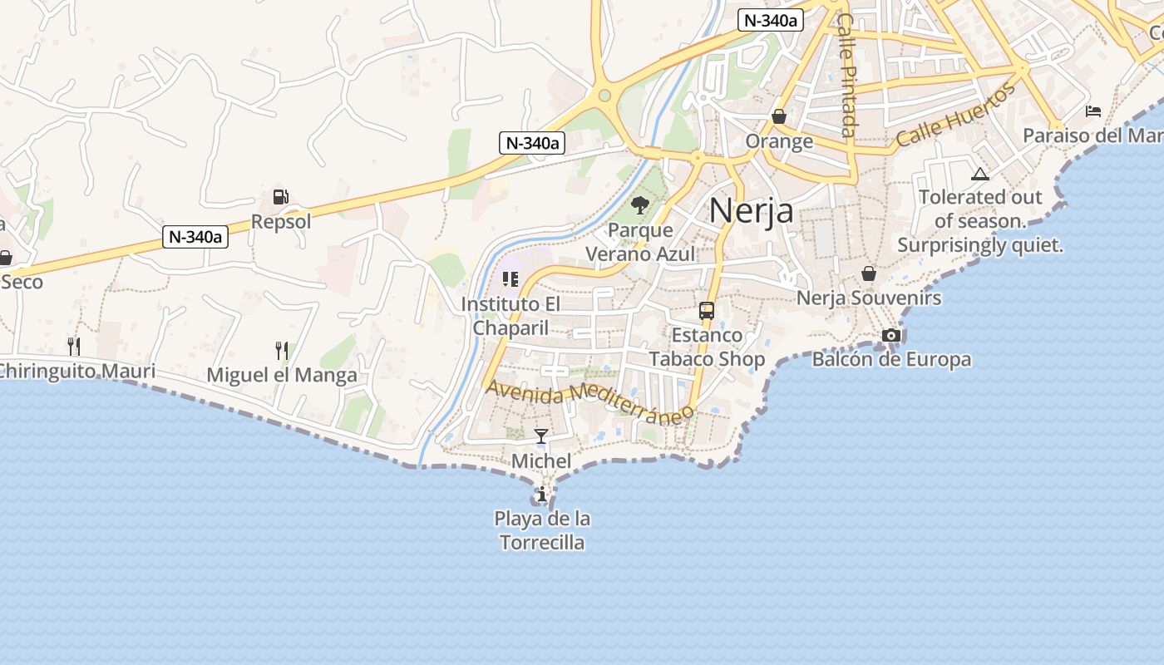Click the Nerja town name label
751,210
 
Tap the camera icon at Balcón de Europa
891,335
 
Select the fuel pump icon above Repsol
281,197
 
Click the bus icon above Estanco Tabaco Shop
707,311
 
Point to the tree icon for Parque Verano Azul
639,204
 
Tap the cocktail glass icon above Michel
541,436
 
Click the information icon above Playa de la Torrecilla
542,495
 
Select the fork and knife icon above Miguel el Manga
282,351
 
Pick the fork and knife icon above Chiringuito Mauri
75,346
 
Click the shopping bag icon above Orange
779,116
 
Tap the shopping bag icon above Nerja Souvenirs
869,273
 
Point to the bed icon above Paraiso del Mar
1093,111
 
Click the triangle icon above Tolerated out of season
980,174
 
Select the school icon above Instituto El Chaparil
510,279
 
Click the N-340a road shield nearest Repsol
195,237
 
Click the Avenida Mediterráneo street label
589,401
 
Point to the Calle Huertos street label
956,116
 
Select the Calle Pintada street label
846,75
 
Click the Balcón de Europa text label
891,360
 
